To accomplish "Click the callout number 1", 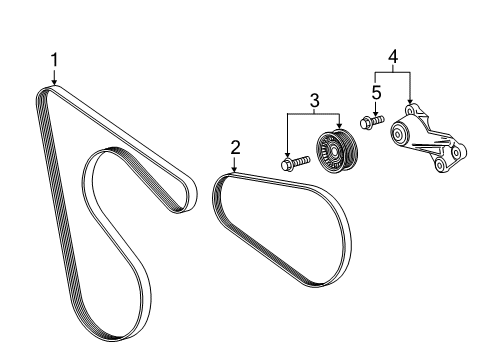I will click(55, 61).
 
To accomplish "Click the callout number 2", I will click(235, 148).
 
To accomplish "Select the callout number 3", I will click(313, 100).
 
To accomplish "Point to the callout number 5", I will click(377, 92).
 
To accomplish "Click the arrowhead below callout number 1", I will click(55, 82).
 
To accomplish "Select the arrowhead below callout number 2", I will click(235, 171).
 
